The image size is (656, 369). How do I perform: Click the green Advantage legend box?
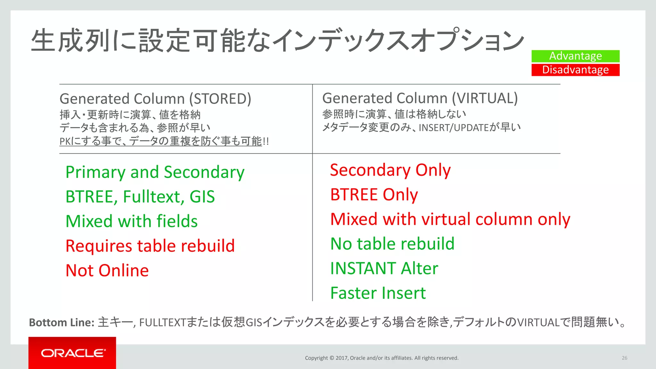(575, 56)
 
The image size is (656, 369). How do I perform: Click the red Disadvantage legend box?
(575, 70)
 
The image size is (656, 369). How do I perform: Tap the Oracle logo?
(72, 353)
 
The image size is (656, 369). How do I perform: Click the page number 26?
(624, 358)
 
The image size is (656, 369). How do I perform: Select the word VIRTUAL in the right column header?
(485, 98)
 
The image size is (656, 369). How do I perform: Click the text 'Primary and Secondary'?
(155, 172)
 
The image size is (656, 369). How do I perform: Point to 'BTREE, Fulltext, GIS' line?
(140, 197)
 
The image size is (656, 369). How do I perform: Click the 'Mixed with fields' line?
(131, 221)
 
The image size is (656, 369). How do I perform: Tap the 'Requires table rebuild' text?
(150, 246)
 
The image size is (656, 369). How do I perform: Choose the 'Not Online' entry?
(107, 270)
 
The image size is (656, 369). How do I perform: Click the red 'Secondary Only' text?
(390, 170)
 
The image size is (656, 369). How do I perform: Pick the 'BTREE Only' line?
(374, 195)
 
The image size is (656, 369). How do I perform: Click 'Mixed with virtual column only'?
(450, 219)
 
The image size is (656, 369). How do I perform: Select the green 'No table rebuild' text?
(392, 244)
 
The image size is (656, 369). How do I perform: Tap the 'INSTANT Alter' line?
(384, 268)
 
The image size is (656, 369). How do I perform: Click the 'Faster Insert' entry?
(378, 293)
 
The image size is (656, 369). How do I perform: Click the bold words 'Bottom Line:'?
(61, 322)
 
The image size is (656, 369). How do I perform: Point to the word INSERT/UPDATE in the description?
(454, 128)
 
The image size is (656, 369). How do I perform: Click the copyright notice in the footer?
(381, 358)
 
